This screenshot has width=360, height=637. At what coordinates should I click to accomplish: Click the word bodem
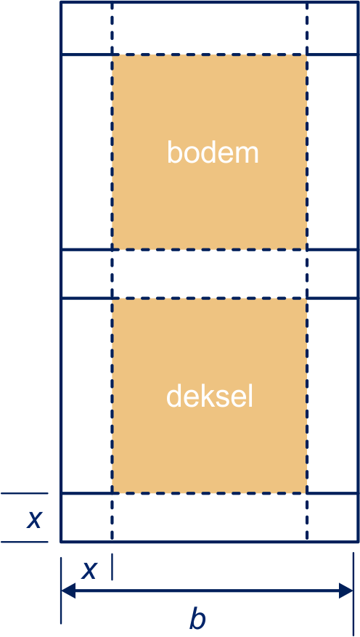coord(213,152)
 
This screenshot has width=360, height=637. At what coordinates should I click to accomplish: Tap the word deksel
coord(210,396)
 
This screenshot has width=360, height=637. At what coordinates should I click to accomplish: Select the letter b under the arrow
coord(197,619)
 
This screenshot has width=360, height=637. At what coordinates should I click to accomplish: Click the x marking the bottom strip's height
coord(34,519)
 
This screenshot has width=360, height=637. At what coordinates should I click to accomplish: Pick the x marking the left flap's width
coord(89,570)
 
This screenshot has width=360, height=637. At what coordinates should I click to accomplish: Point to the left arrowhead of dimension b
coord(68,591)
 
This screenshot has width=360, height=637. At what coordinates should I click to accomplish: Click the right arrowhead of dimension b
coord(345,591)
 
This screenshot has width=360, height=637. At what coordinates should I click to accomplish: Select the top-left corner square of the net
coord(86,28)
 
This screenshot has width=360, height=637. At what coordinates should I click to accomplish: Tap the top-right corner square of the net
coord(331,28)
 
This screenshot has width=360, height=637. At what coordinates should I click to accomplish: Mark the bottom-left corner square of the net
coord(86,518)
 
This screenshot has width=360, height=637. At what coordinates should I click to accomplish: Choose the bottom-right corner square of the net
coord(331,518)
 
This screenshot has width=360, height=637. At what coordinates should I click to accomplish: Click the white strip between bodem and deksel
coord(210,275)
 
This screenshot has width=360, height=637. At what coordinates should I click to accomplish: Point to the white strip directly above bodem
coord(210,28)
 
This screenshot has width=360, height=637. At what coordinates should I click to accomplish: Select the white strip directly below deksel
coord(210,518)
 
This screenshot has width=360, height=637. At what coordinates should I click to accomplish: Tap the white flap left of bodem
coord(86,152)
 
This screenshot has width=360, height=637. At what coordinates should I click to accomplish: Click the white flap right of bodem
coord(331,152)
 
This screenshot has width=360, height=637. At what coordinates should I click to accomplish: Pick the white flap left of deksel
coord(86,396)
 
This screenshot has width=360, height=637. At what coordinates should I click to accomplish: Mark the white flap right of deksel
coord(331,396)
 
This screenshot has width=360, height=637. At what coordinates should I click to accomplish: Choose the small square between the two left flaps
coord(86,275)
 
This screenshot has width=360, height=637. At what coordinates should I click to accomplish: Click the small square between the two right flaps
coord(331,275)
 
